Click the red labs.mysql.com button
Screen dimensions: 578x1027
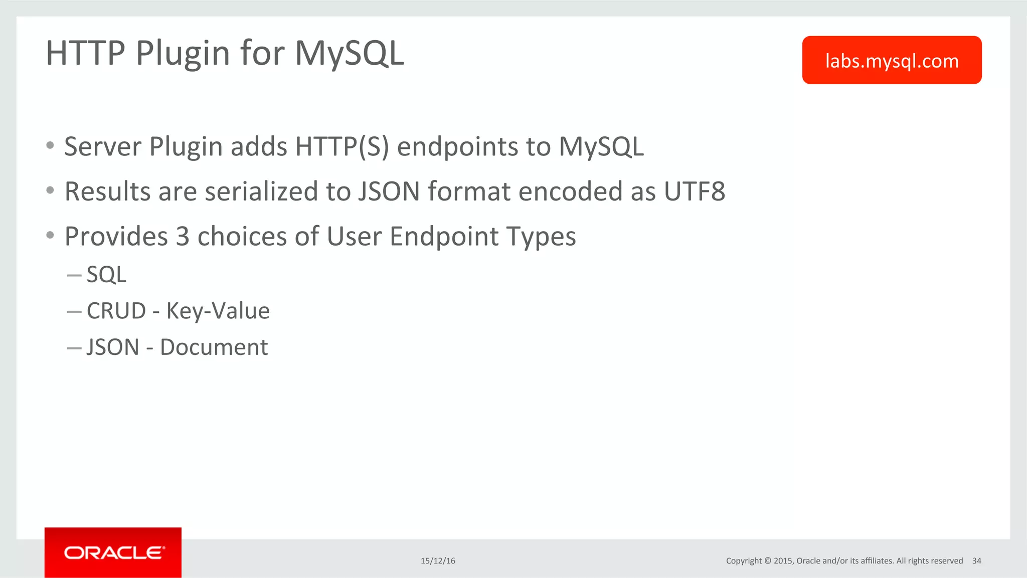click(892, 60)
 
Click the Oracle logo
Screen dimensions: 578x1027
click(113, 552)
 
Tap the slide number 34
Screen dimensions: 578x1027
click(976, 561)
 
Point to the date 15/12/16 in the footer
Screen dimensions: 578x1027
click(438, 561)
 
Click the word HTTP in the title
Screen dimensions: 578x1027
click(85, 53)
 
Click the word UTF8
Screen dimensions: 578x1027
click(695, 191)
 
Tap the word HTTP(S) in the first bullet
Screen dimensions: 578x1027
click(342, 147)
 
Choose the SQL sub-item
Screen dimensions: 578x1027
click(106, 275)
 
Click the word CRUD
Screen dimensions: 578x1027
click(116, 311)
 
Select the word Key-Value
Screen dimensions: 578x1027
click(218, 311)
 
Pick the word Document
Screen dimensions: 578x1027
click(214, 347)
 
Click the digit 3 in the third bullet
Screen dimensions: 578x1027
click(183, 237)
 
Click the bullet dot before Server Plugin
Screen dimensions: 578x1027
click(50, 146)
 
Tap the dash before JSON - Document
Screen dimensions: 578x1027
click(74, 348)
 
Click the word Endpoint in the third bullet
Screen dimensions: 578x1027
click(444, 237)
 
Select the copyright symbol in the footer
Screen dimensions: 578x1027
click(767, 561)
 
